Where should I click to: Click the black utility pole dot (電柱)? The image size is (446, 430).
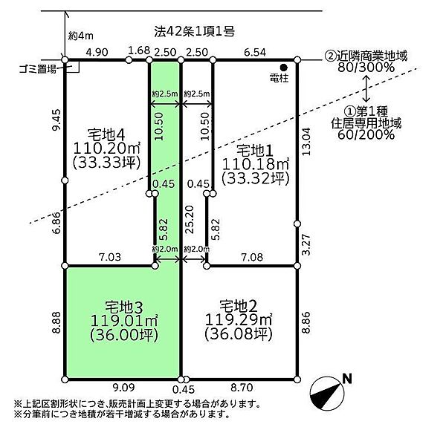(x=284, y=68)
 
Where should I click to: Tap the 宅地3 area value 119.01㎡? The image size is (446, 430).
(x=124, y=321)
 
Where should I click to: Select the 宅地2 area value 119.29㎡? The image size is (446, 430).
(x=239, y=320)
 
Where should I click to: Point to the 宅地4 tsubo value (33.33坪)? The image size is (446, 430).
(x=107, y=163)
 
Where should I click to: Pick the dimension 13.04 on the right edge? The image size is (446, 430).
(x=306, y=141)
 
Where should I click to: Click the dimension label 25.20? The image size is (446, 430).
(x=190, y=219)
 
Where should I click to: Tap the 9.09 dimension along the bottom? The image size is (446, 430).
(x=123, y=388)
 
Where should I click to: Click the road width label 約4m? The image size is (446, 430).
(x=81, y=36)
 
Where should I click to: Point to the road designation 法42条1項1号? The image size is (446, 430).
(x=195, y=31)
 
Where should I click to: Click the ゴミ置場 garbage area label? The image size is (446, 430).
(x=38, y=69)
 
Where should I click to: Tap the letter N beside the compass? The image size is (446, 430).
(x=347, y=379)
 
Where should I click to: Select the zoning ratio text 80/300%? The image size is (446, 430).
(x=366, y=68)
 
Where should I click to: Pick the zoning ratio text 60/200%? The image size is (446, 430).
(x=366, y=134)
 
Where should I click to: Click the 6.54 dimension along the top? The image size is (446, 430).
(x=255, y=52)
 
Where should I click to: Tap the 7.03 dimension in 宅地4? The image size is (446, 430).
(x=110, y=257)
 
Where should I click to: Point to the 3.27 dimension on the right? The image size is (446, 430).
(x=306, y=245)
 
